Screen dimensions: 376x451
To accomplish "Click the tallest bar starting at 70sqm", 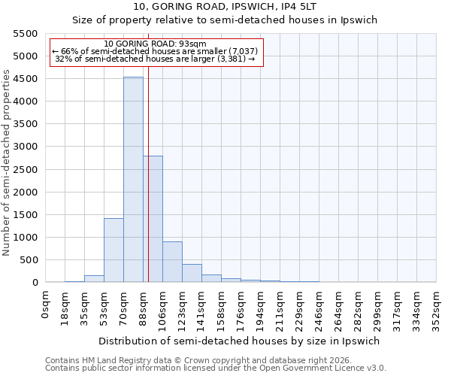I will click(x=133, y=180).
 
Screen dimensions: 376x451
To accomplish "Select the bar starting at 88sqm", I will click(x=153, y=219).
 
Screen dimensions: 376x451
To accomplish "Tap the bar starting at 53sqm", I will click(x=114, y=250).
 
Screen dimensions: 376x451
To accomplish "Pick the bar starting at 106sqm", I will click(x=172, y=262).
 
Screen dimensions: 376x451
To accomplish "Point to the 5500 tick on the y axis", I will click(x=26, y=34).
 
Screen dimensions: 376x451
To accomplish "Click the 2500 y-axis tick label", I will click(x=26, y=169).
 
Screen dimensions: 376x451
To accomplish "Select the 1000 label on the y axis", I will click(x=26, y=238).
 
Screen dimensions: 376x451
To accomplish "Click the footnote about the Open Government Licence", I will click(x=216, y=368).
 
